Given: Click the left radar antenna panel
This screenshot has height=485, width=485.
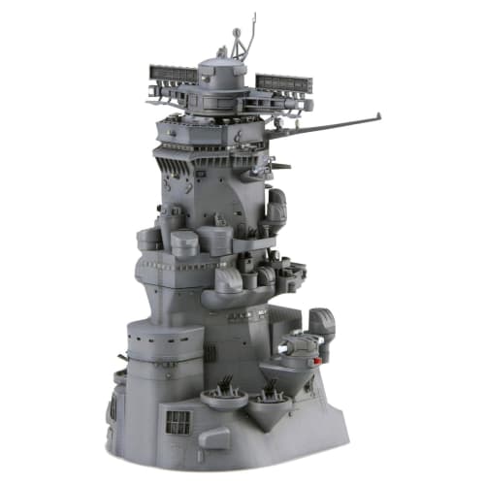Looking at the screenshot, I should point(173,75).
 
